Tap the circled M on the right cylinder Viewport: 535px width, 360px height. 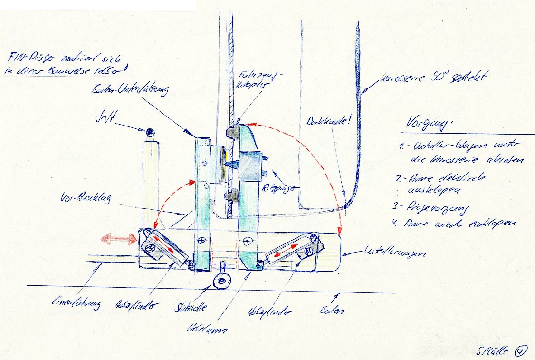308,250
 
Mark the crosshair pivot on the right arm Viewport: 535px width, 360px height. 247,239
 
